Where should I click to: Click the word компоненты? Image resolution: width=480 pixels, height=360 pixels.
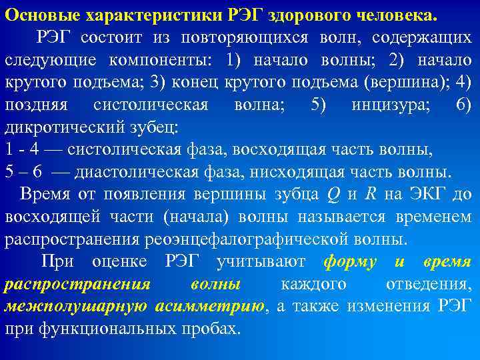click(163, 59)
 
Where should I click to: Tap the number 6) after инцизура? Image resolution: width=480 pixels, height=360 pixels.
click(463, 105)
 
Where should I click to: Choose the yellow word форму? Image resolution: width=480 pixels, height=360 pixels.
click(349, 262)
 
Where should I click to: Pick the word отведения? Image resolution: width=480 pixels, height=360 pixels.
click(427, 285)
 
